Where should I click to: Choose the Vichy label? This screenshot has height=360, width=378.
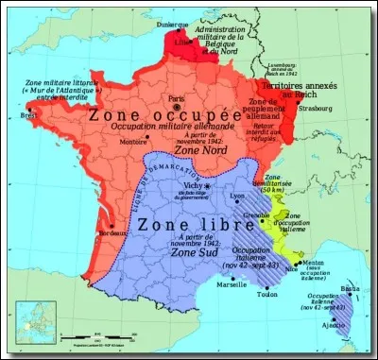(197, 186)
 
